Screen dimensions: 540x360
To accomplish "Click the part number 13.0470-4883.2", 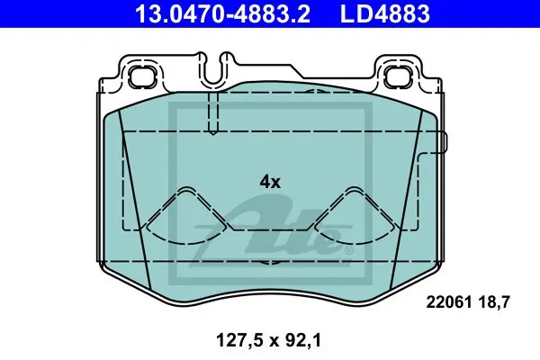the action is pyautogui.click(x=222, y=13).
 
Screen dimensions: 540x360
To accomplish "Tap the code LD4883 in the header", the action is pyautogui.click(x=385, y=13).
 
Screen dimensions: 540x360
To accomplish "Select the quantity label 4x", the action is pyautogui.click(x=270, y=182).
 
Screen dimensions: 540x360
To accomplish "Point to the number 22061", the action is pyautogui.click(x=449, y=302).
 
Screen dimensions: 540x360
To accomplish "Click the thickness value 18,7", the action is pyautogui.click(x=494, y=302).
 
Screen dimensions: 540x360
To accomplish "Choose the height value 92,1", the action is pyautogui.click(x=302, y=340).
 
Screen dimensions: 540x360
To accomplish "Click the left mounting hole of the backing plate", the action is pyautogui.click(x=142, y=76).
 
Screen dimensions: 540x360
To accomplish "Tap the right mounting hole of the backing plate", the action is pyautogui.click(x=397, y=76).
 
